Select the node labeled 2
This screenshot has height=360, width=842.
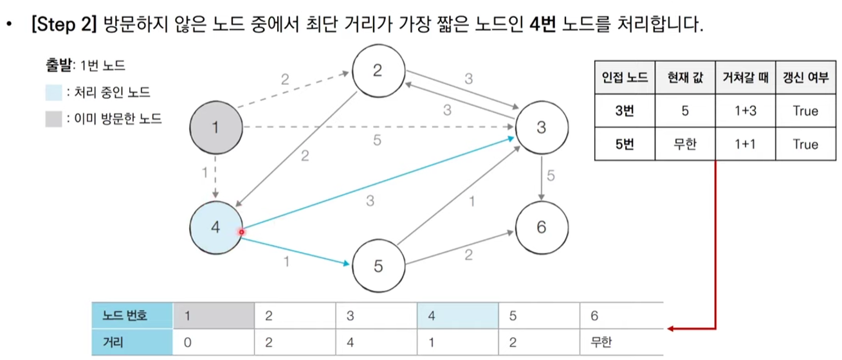(378, 71)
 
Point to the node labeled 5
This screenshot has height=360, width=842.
(378, 265)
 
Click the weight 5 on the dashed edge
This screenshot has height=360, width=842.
(378, 140)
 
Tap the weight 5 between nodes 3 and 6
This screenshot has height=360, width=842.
(551, 175)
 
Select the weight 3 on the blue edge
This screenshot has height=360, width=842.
(370, 201)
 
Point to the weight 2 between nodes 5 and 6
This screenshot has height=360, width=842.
(468, 255)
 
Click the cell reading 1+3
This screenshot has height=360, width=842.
(746, 111)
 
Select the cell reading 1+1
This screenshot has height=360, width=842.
(746, 145)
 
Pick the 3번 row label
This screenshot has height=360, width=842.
(624, 111)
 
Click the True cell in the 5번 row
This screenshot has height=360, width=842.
(805, 145)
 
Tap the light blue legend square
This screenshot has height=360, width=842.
(55, 93)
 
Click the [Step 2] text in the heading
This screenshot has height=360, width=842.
(63, 25)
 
